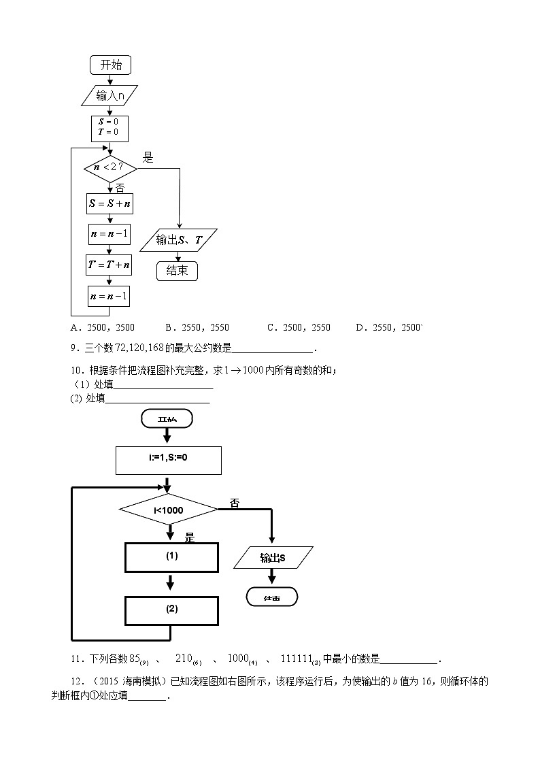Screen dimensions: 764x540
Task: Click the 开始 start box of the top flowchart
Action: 110,65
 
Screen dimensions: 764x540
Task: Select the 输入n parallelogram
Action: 109,96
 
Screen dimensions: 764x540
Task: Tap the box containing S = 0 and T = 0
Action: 109,128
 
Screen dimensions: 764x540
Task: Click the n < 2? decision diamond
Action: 109,167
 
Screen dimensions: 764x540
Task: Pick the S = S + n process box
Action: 109,203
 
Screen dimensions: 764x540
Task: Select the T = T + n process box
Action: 109,265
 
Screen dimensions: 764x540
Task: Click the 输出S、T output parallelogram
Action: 178,239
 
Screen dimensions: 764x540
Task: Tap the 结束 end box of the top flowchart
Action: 177,271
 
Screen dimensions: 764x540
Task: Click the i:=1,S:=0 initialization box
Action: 169,460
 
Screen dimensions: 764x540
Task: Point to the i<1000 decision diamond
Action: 168,509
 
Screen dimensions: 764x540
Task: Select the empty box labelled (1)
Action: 171,557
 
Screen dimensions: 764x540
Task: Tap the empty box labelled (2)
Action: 171,610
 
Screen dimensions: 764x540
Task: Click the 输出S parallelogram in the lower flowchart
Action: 273,558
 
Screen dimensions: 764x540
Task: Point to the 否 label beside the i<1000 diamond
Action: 235,503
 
